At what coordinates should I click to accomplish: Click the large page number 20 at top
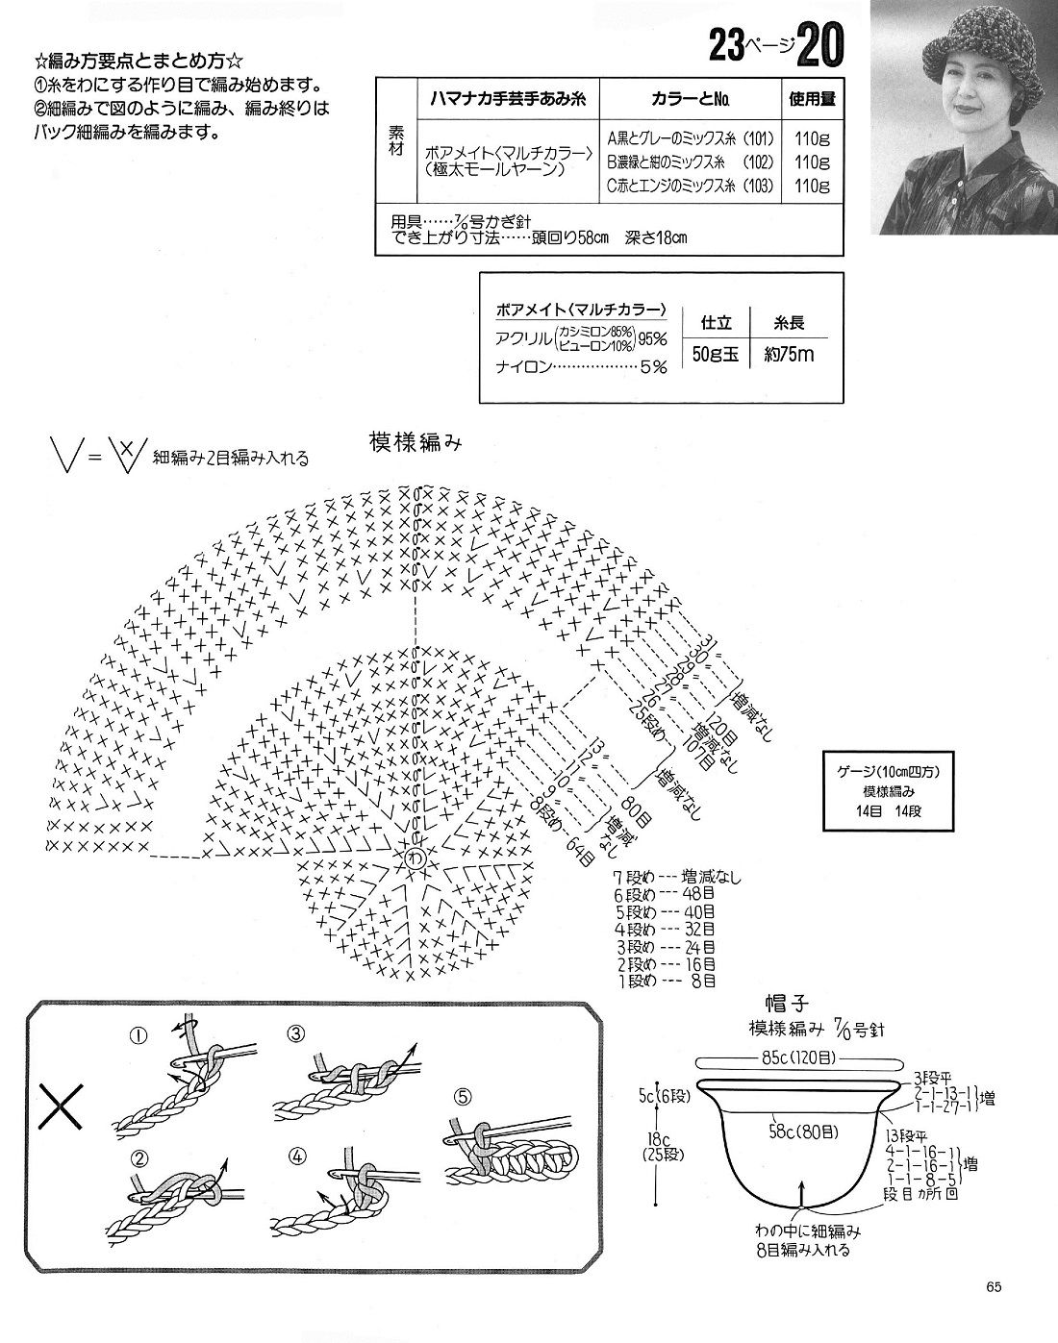(x=819, y=46)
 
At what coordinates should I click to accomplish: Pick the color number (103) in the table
(x=758, y=186)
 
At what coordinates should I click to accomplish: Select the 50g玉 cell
(x=715, y=354)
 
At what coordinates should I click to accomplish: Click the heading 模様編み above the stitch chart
(x=416, y=442)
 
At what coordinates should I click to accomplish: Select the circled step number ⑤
(x=462, y=1096)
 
